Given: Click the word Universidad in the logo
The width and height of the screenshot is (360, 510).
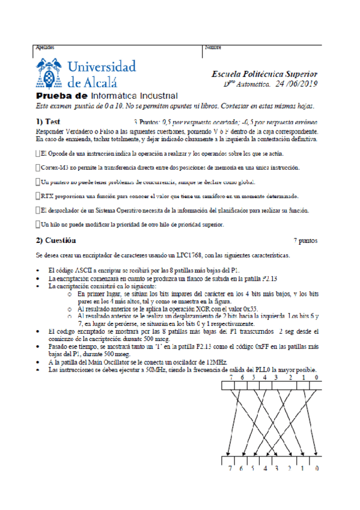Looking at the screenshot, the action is pyautogui.click(x=103, y=66).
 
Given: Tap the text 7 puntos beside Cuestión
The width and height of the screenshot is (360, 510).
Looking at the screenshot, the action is pyautogui.click(x=305, y=241).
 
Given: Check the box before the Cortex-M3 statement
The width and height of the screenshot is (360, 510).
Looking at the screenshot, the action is pyautogui.click(x=38, y=168).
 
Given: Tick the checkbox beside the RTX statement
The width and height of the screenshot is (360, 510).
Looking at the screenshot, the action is pyautogui.click(x=38, y=196).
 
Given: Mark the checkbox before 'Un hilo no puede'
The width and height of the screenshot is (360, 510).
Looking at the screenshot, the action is pyautogui.click(x=38, y=224).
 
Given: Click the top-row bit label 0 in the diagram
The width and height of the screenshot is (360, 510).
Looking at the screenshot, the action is pyautogui.click(x=317, y=378).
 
